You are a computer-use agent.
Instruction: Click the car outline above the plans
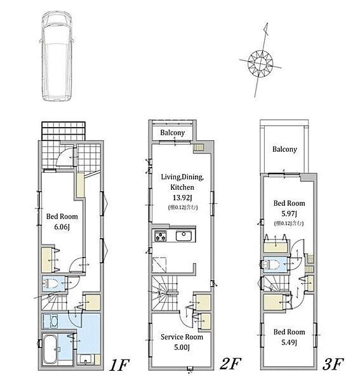click(57, 56)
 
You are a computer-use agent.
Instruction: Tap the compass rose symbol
click(260, 63)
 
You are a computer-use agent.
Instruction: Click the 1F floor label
click(119, 364)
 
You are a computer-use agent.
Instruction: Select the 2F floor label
click(230, 364)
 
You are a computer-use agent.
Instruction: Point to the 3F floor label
click(333, 364)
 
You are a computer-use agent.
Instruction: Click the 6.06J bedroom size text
click(62, 227)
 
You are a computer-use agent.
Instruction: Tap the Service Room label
click(182, 337)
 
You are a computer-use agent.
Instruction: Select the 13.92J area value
click(182, 197)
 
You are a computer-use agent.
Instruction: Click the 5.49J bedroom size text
click(289, 342)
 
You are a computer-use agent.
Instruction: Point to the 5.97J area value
click(289, 213)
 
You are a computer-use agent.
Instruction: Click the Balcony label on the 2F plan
click(173, 133)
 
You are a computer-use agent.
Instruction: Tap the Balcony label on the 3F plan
click(284, 149)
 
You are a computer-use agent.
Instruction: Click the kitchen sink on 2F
click(183, 236)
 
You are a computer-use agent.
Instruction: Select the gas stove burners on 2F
click(161, 236)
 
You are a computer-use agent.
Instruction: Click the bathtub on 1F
click(50, 349)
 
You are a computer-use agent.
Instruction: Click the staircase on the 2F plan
click(165, 293)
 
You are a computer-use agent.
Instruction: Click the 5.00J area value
click(182, 347)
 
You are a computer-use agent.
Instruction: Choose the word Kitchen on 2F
click(182, 187)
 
